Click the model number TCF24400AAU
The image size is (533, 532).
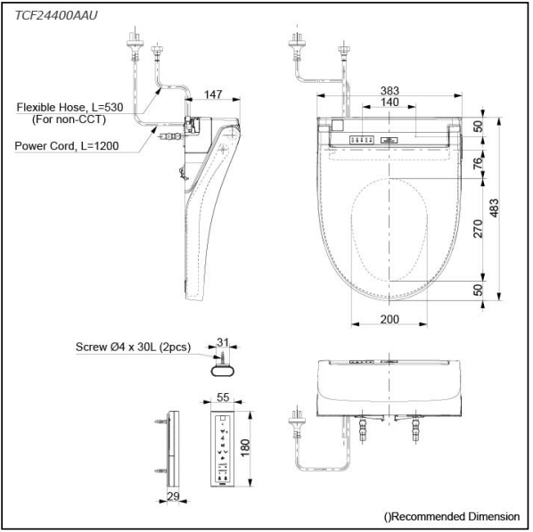click(x=56, y=15)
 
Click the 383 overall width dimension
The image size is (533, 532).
click(x=389, y=90)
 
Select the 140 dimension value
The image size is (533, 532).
click(x=389, y=102)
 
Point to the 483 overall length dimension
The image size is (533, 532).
click(x=495, y=208)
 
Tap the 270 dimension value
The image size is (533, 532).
click(x=478, y=229)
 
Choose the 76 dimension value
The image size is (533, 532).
click(x=478, y=163)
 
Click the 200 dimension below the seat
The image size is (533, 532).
click(x=389, y=319)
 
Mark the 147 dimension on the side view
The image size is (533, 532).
click(x=213, y=94)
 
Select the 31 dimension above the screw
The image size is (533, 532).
click(x=223, y=342)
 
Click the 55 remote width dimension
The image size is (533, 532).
click(x=223, y=397)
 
